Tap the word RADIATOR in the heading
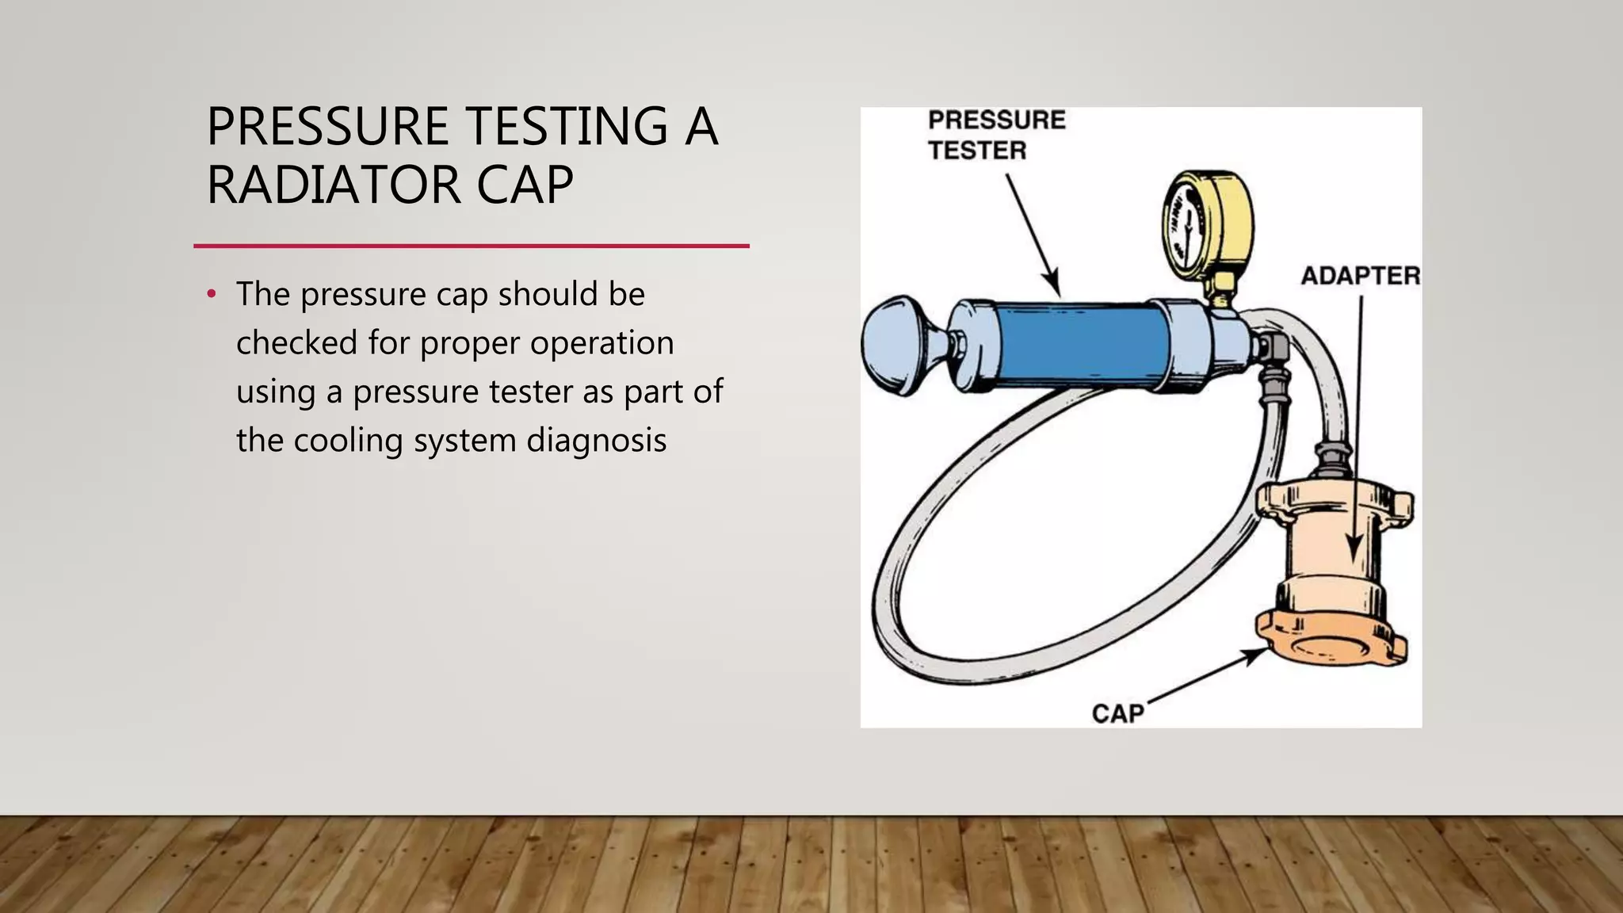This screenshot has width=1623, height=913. pos(333,185)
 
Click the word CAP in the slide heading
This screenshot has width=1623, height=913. pos(525,185)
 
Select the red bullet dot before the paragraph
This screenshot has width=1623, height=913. pos(211,295)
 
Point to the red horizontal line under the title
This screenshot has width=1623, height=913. pos(471,246)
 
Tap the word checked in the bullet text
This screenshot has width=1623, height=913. pos(296,343)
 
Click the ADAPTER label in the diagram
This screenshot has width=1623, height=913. pos(1360,276)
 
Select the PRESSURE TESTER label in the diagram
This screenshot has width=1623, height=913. pos(995,135)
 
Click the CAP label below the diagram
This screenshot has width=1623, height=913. pos(1117,713)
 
